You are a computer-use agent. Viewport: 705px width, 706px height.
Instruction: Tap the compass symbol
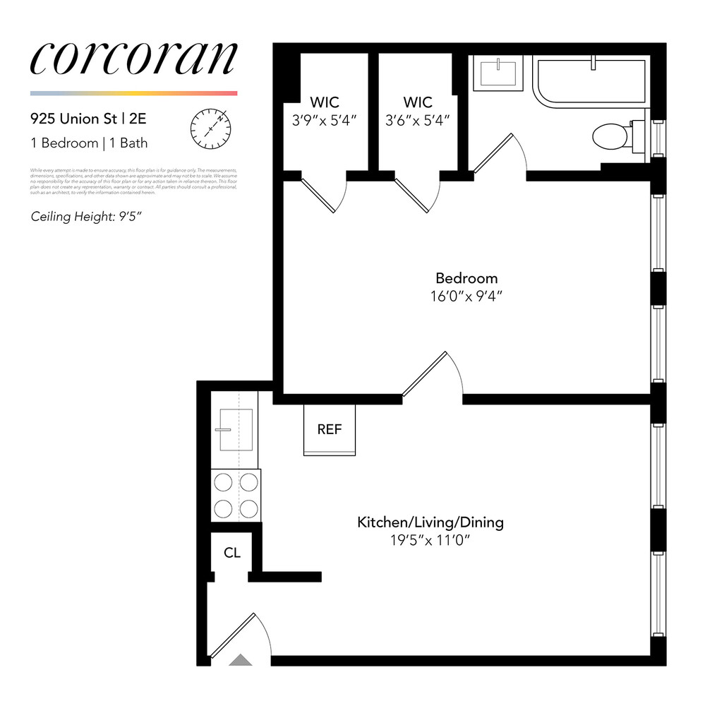210,127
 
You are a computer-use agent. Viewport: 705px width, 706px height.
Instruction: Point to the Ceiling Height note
86,216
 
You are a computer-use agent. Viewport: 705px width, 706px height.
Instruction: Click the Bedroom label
466,278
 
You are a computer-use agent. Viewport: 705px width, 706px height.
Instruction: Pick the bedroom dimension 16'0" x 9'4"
466,297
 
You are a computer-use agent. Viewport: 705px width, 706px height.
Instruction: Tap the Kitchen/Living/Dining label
430,522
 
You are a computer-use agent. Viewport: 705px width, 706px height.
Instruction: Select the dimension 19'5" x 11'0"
430,541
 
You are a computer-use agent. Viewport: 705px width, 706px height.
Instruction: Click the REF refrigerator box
330,429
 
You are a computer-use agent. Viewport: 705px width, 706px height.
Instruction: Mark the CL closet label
232,553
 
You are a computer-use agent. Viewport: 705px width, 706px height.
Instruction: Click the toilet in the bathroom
607,136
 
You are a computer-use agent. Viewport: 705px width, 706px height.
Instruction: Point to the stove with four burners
236,495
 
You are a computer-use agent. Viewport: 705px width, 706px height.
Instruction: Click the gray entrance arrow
241,660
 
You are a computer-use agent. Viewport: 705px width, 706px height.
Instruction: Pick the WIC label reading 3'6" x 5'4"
418,112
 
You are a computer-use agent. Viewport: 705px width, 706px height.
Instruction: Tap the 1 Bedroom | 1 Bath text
89,143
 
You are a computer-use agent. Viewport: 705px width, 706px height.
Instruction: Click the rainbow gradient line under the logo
133,93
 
